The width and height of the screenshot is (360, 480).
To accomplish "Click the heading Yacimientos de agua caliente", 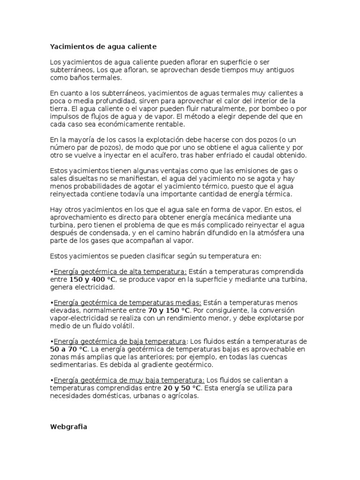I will point(103,47).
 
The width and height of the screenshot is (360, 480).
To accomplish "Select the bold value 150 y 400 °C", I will point(92,279).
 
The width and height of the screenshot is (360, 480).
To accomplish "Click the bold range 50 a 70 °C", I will point(69,349).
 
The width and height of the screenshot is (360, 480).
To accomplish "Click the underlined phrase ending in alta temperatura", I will point(120,272).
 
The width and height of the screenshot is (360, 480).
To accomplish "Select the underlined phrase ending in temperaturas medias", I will point(127,303).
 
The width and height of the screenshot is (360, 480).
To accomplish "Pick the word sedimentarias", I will point(74,365).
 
